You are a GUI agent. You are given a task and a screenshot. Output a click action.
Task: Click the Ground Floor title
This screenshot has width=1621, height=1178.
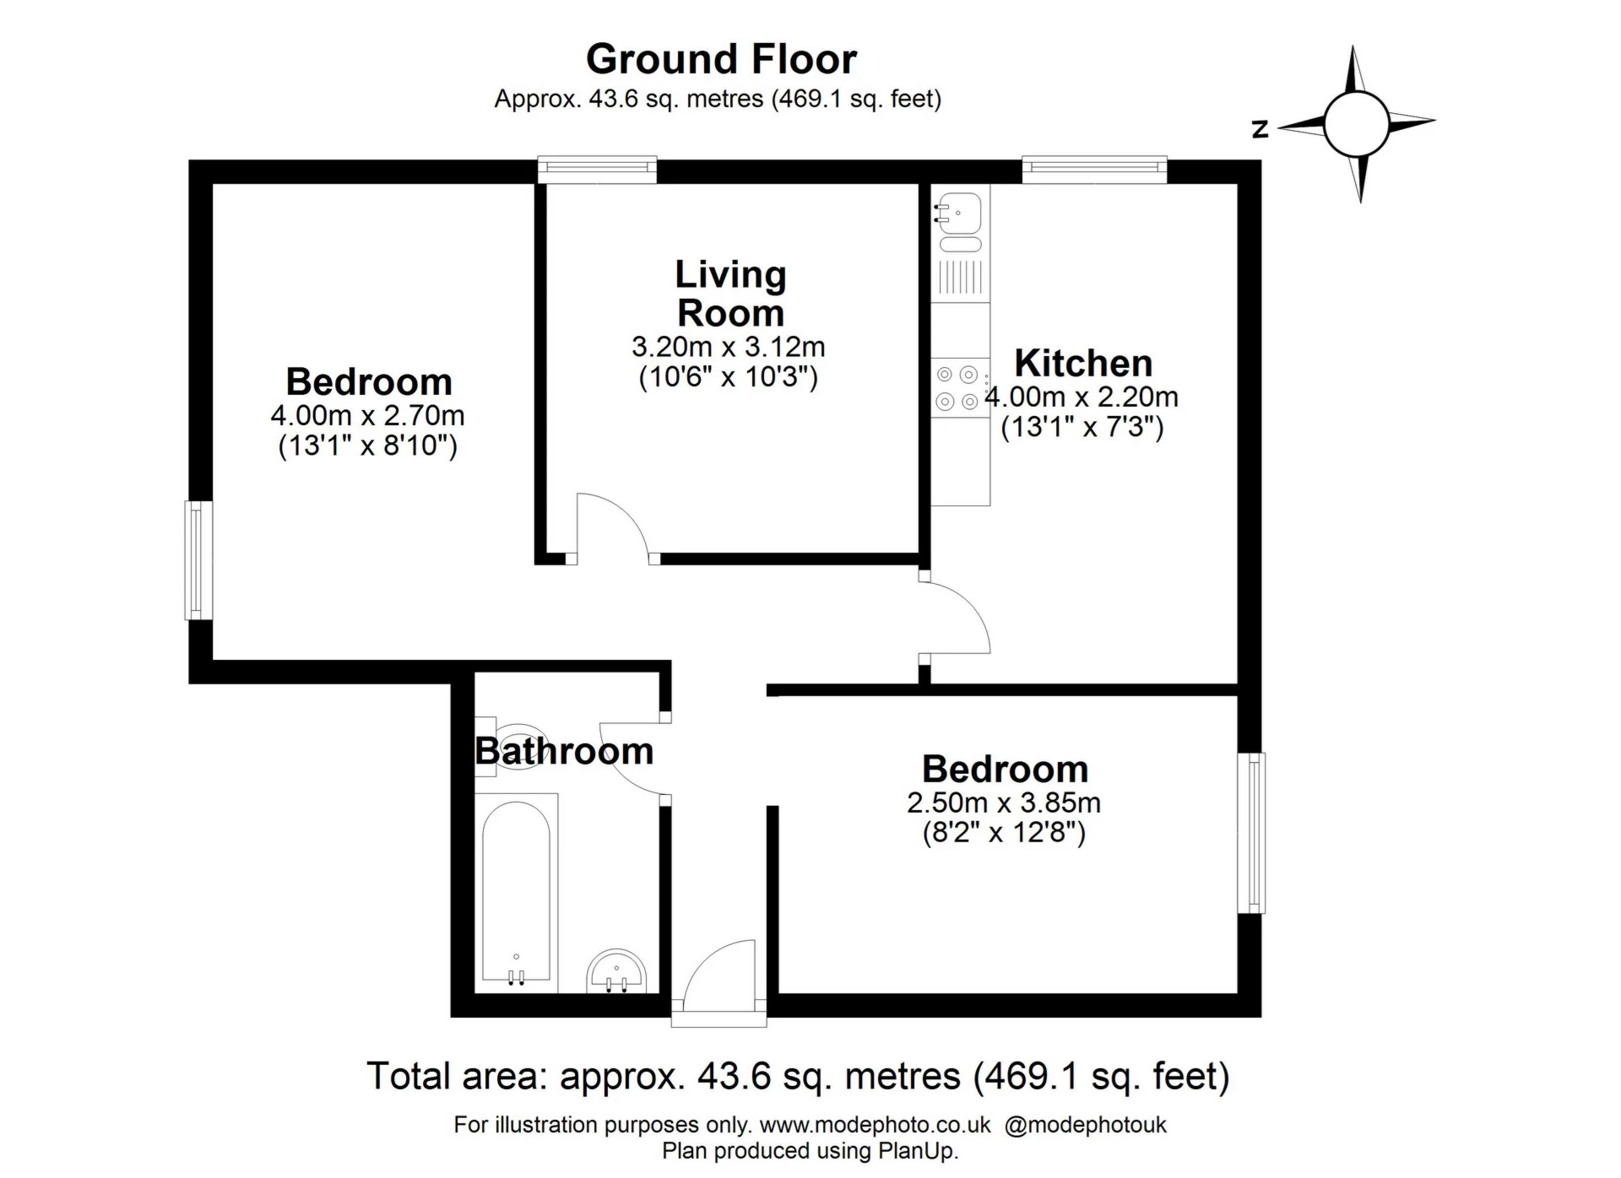click(x=721, y=59)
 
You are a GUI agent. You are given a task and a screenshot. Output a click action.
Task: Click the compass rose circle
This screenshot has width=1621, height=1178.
click(x=1356, y=124)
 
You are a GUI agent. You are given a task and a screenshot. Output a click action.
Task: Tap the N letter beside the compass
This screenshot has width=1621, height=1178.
click(x=1260, y=129)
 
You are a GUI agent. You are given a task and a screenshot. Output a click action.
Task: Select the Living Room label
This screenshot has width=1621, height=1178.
click(x=730, y=294)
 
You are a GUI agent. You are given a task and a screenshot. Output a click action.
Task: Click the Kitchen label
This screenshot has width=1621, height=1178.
click(x=1083, y=364)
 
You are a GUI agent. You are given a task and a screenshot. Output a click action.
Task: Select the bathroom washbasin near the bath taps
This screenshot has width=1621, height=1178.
click(x=616, y=972)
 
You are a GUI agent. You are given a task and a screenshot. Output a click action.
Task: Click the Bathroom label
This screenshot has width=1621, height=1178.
click(x=564, y=751)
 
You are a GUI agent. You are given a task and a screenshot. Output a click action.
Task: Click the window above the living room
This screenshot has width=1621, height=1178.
click(x=597, y=169)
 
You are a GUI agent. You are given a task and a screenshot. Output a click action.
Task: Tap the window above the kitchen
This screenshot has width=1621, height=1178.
click(x=1094, y=169)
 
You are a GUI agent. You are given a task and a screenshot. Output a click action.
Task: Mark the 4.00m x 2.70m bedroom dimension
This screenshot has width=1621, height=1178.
click(x=367, y=416)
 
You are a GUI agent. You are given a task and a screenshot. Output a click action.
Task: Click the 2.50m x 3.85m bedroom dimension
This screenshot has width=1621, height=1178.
click(x=1004, y=802)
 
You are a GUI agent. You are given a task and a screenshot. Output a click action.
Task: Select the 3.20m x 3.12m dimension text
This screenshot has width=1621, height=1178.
click(x=728, y=347)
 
